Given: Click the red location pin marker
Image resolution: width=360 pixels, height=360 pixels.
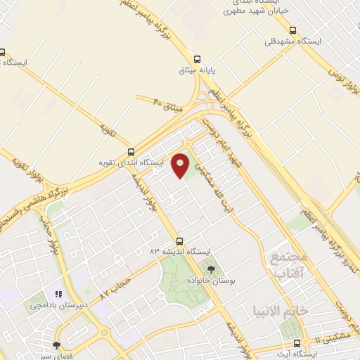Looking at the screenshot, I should coord(181,165).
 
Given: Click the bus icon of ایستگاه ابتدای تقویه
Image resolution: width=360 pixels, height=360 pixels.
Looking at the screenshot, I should coord(131,151).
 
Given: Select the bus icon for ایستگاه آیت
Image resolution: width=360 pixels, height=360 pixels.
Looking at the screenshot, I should coord(296,343).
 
